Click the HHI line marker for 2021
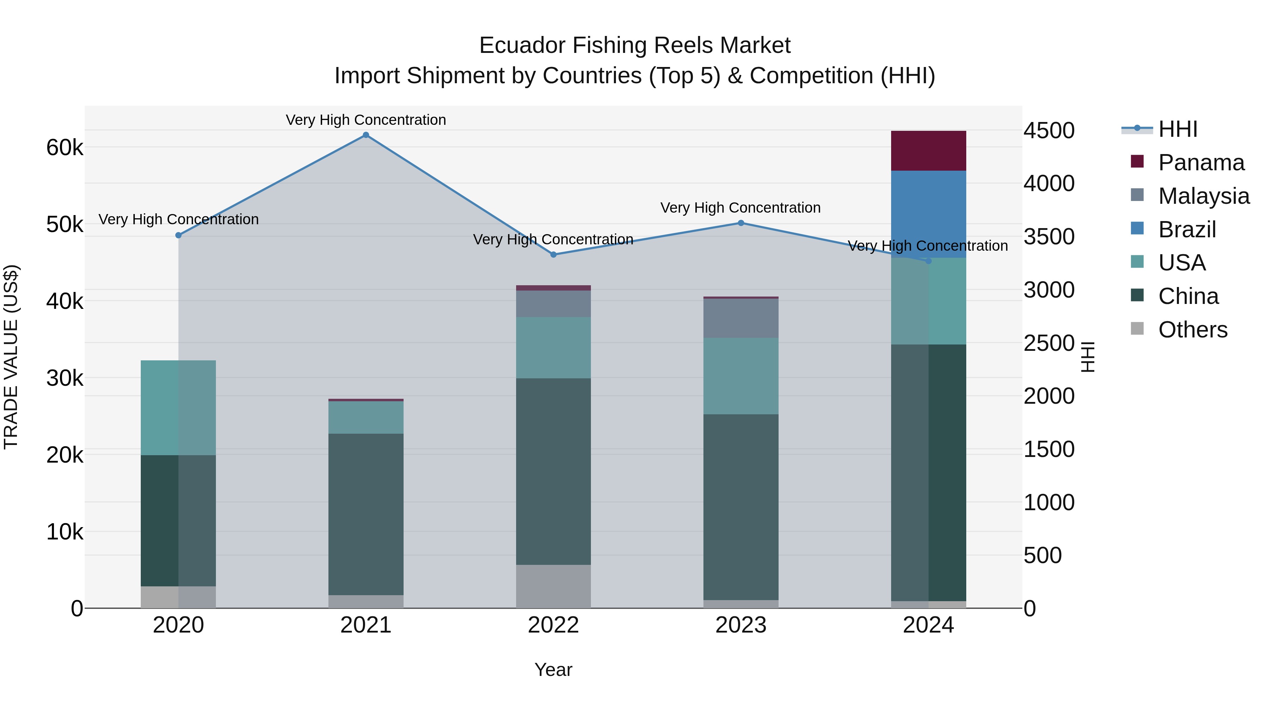point(366,135)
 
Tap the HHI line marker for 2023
point(740,223)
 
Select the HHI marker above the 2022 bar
point(553,255)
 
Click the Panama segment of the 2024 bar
point(929,151)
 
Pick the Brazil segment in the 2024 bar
point(929,214)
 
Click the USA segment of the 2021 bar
point(366,417)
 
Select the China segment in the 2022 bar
point(553,471)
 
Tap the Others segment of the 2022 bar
point(553,586)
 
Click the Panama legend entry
point(1201,163)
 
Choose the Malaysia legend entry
point(1203,196)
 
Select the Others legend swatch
point(1137,329)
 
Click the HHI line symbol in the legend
point(1137,129)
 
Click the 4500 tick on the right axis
point(1049,130)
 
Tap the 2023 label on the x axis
point(740,625)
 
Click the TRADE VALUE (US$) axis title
point(11,357)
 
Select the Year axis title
point(553,670)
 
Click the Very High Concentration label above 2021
point(366,120)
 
